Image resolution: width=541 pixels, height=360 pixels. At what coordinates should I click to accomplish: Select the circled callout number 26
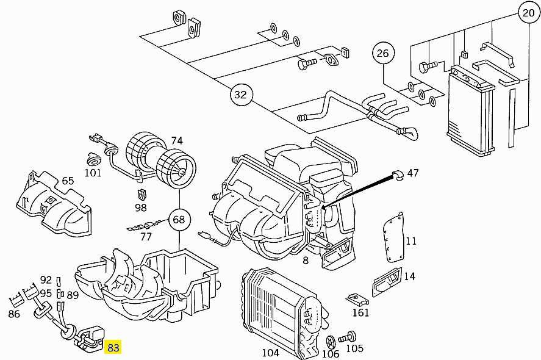[382, 53]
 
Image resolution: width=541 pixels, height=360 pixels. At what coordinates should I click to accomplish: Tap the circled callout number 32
[241, 95]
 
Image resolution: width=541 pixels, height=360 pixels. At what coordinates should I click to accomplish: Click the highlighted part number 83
[113, 348]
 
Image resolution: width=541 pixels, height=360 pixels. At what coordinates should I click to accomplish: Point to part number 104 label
[270, 353]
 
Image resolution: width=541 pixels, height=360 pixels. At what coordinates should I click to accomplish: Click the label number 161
[360, 313]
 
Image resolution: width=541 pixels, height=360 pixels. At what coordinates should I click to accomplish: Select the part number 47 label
[413, 173]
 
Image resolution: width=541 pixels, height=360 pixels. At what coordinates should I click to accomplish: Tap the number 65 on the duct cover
[68, 181]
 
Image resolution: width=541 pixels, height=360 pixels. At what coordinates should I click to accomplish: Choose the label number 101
[93, 173]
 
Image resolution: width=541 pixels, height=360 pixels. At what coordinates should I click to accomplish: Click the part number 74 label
[176, 141]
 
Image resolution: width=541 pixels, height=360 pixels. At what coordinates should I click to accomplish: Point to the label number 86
[14, 314]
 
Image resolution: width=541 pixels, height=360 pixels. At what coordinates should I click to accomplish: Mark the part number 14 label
[409, 276]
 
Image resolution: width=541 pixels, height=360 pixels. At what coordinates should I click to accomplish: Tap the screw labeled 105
[351, 335]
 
